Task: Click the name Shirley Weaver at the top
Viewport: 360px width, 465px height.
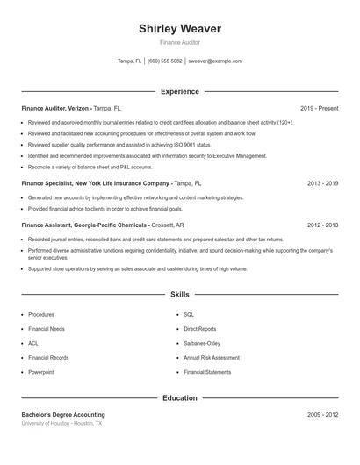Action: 180,29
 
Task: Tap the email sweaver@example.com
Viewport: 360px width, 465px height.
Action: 215,61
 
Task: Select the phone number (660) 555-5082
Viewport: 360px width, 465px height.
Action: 165,61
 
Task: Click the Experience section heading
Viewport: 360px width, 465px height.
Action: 180,91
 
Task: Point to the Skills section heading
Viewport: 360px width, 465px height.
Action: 180,296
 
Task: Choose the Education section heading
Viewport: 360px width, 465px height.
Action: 180,398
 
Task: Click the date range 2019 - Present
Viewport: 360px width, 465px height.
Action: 319,108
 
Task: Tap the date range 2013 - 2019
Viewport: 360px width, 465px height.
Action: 322,184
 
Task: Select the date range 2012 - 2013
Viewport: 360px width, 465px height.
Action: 322,225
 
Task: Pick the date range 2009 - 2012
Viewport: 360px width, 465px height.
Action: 322,414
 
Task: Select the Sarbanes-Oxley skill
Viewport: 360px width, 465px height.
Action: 202,343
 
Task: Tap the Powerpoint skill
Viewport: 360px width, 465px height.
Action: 41,373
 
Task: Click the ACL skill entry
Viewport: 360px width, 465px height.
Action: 33,343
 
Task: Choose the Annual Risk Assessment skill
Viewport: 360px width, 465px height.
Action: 212,358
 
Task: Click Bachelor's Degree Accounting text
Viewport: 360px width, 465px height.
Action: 63,414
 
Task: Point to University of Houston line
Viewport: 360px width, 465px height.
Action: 61,423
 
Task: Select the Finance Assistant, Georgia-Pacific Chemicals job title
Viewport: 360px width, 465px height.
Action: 83,225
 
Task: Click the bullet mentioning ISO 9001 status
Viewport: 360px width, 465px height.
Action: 119,144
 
